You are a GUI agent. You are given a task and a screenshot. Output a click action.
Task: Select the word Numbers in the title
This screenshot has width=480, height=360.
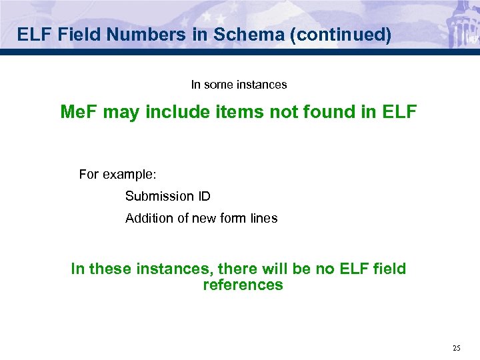coord(151,35)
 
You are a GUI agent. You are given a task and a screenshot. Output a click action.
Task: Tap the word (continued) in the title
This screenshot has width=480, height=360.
coord(340,35)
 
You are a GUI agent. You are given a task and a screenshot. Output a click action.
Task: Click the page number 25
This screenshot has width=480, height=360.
coord(456,347)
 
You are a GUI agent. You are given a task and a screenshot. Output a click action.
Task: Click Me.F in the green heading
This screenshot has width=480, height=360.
coord(79,112)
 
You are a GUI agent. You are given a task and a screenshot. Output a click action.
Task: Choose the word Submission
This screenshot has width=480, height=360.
coord(159,196)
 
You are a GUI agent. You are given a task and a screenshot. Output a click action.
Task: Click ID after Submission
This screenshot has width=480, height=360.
coord(204,196)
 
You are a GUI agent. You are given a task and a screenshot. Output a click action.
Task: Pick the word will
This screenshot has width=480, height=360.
coord(280,269)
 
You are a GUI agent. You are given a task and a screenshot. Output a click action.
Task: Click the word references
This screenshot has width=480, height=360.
coord(243,285)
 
